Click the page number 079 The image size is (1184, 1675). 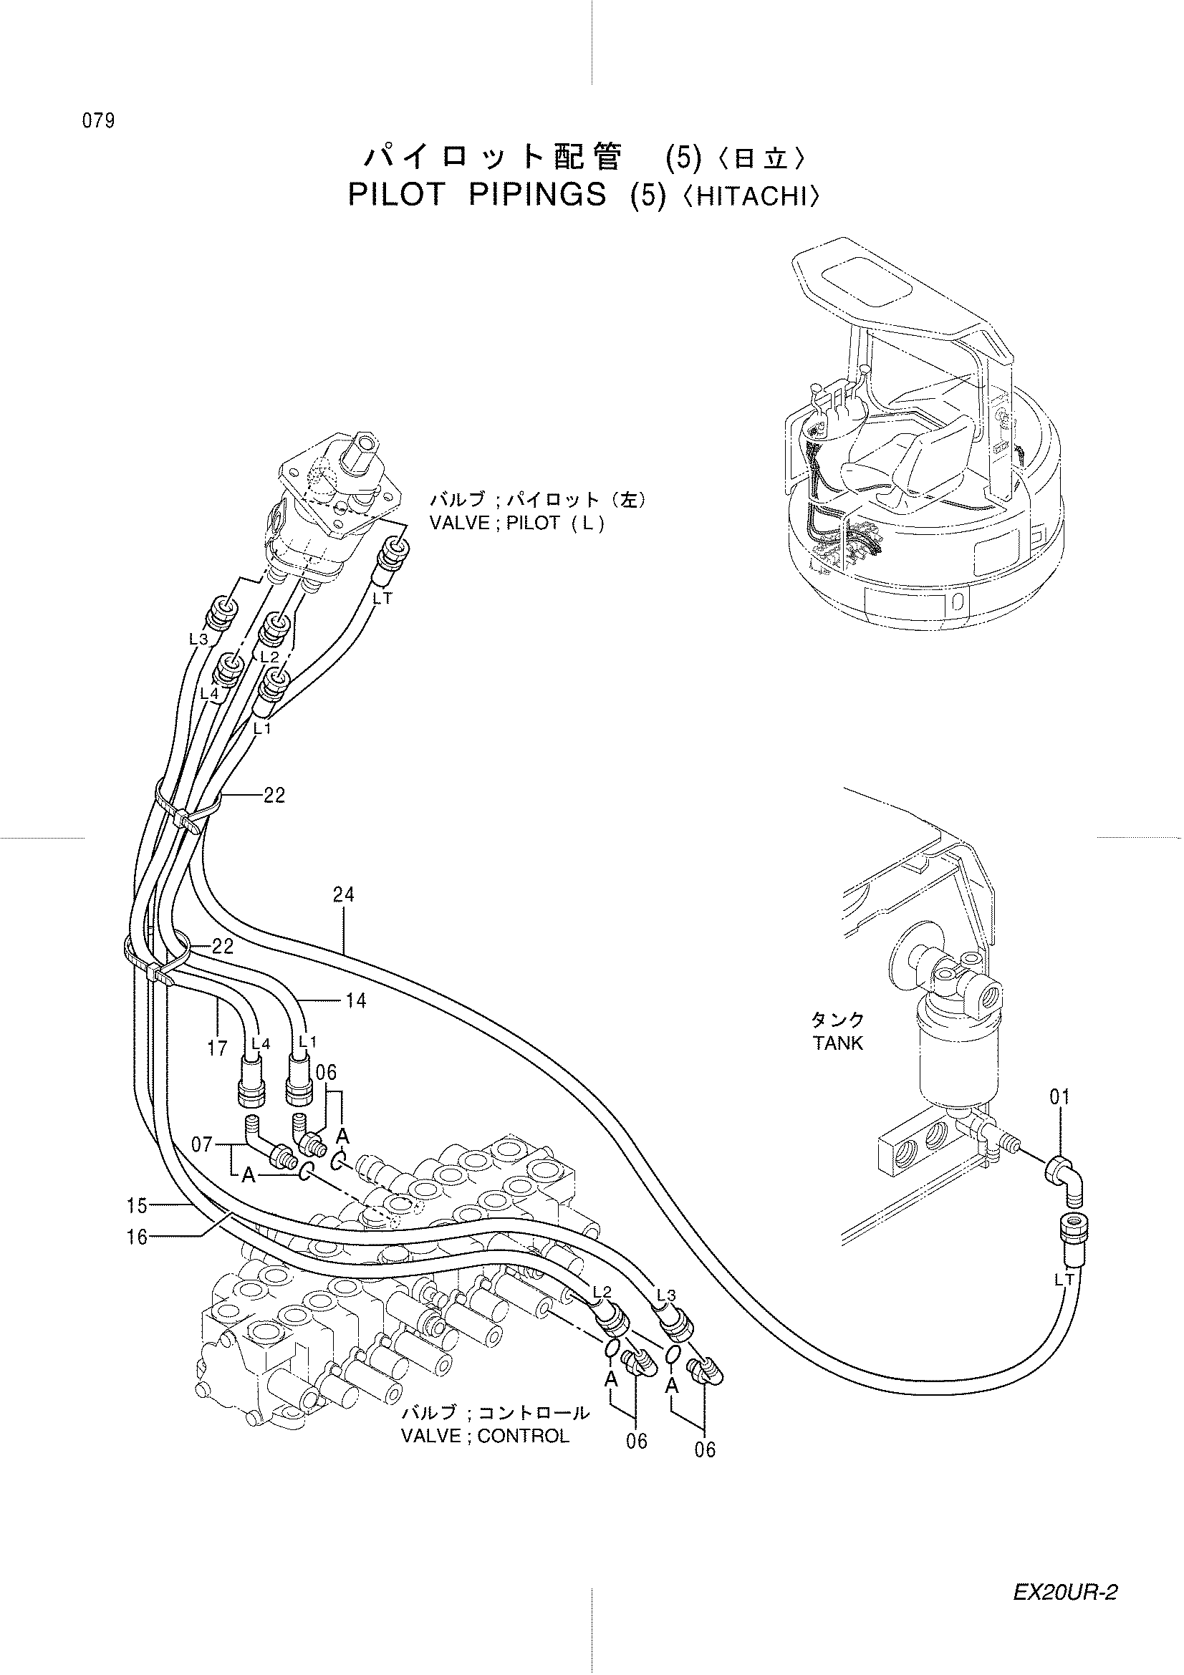[98, 121]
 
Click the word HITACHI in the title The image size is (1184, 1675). [754, 198]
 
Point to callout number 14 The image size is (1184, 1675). [355, 1001]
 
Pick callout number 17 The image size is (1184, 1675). [218, 1049]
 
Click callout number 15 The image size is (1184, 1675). [137, 1206]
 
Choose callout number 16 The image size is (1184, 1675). [137, 1237]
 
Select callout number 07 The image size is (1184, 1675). [202, 1144]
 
